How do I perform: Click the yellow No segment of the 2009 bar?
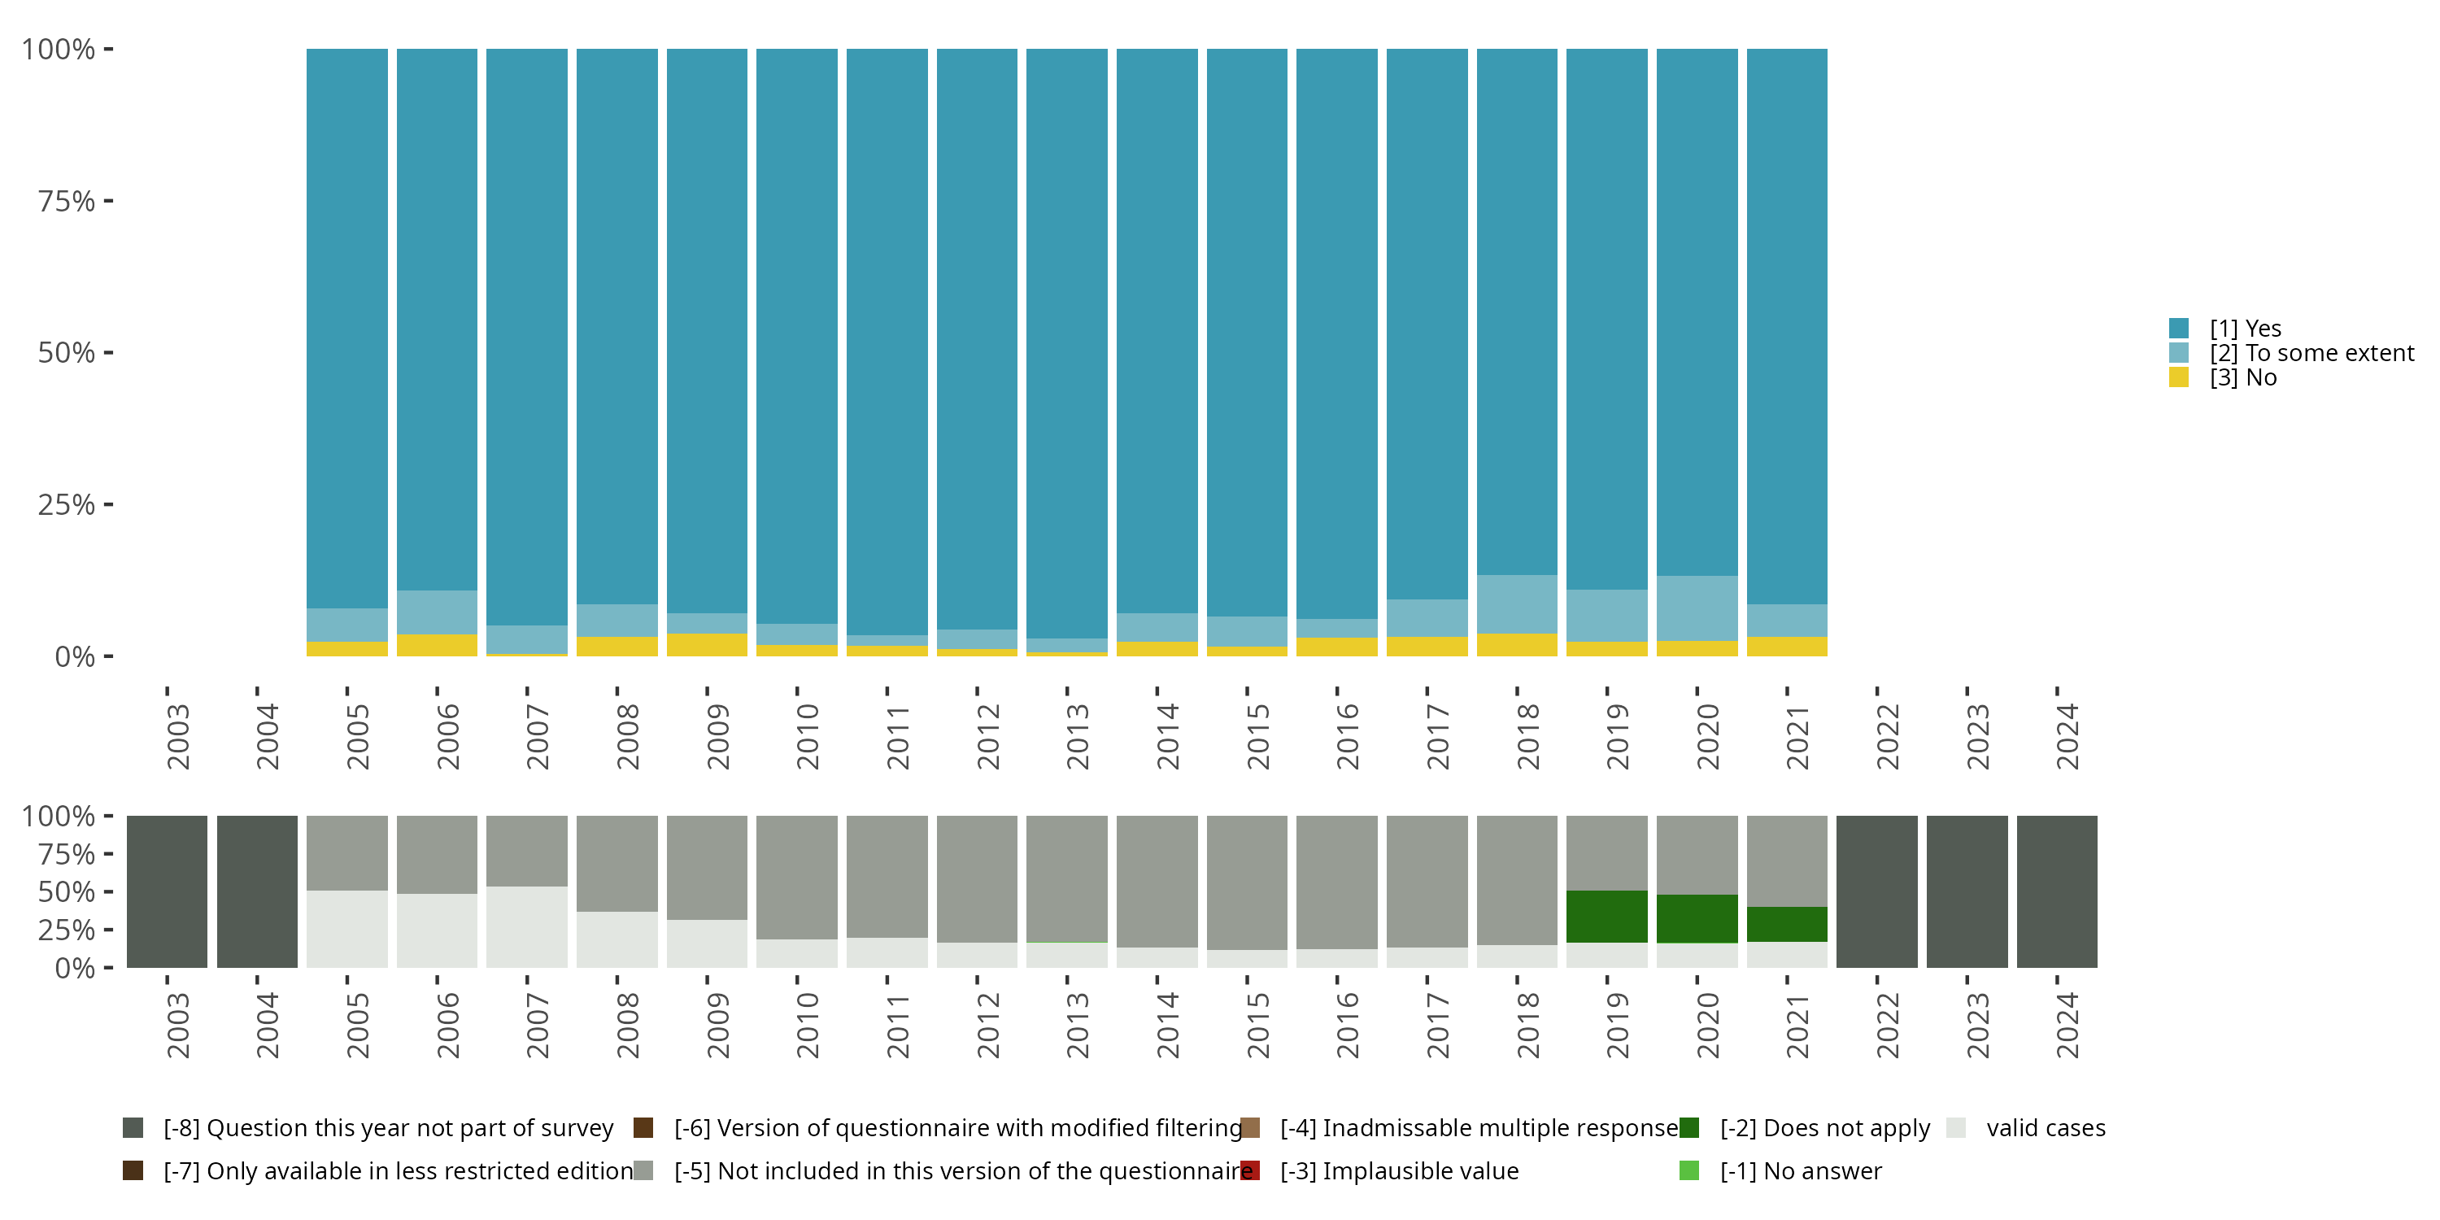pyautogui.click(x=707, y=644)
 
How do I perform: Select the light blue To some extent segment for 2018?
pyautogui.click(x=1517, y=603)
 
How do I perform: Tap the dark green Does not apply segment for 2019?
pyautogui.click(x=1606, y=916)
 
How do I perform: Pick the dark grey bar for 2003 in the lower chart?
pyautogui.click(x=167, y=891)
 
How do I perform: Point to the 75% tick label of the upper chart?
pyautogui.click(x=67, y=201)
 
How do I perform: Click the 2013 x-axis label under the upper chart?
pyautogui.click(x=1077, y=736)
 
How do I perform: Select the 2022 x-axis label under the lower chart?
pyautogui.click(x=1887, y=1025)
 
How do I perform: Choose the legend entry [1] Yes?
pyautogui.click(x=2245, y=329)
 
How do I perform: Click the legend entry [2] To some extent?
pyautogui.click(x=2311, y=353)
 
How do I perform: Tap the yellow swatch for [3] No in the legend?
pyautogui.click(x=2179, y=377)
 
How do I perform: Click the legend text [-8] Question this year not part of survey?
pyautogui.click(x=388, y=1128)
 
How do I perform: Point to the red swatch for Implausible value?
pyautogui.click(x=1251, y=1170)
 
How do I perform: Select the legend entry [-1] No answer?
pyautogui.click(x=1800, y=1170)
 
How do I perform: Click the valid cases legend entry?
pyautogui.click(x=2045, y=1128)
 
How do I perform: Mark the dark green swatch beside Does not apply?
pyautogui.click(x=1688, y=1128)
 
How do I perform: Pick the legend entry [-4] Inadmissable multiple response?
pyautogui.click(x=1479, y=1128)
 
